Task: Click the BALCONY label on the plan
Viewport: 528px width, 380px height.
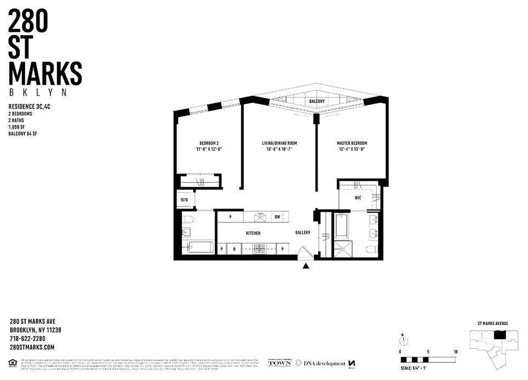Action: coord(317,101)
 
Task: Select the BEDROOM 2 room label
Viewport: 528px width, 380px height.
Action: coord(208,143)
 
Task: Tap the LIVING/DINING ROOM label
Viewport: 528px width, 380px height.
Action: coord(280,143)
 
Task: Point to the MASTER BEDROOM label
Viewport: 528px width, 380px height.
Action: coord(352,143)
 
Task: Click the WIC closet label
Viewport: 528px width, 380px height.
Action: coord(358,198)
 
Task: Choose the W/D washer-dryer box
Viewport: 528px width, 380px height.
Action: coord(184,200)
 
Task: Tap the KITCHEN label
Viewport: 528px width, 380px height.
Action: coord(253,233)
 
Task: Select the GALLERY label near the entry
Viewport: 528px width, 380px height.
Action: coord(302,232)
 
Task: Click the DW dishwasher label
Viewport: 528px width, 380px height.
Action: coord(277,217)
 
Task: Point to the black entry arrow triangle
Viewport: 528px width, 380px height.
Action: coord(306,266)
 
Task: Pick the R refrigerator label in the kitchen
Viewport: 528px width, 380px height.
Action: coord(235,249)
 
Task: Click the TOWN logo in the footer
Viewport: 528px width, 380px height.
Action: coord(280,363)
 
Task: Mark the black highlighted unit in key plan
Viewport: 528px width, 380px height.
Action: coord(500,335)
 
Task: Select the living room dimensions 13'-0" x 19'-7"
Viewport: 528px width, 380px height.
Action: coord(280,149)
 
